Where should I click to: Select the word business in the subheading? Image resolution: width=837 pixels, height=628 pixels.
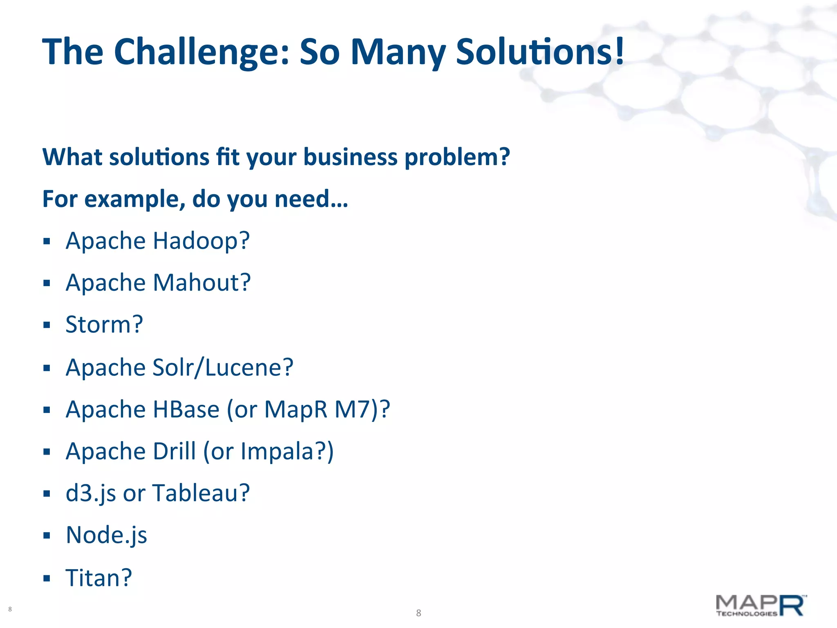point(350,157)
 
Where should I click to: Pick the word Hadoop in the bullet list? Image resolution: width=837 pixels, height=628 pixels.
point(200,241)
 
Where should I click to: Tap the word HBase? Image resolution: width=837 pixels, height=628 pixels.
point(186,409)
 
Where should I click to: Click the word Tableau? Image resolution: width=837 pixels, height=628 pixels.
point(200,493)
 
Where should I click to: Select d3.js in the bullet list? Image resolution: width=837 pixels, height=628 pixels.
point(91,494)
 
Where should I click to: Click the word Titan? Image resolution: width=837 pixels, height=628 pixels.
point(98,578)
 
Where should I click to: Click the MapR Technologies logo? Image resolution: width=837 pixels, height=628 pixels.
point(760,606)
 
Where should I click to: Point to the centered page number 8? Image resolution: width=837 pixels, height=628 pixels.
point(418,613)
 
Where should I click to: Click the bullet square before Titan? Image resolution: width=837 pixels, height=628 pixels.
point(47,579)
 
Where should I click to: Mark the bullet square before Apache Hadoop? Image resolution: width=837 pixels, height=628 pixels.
point(47,241)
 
